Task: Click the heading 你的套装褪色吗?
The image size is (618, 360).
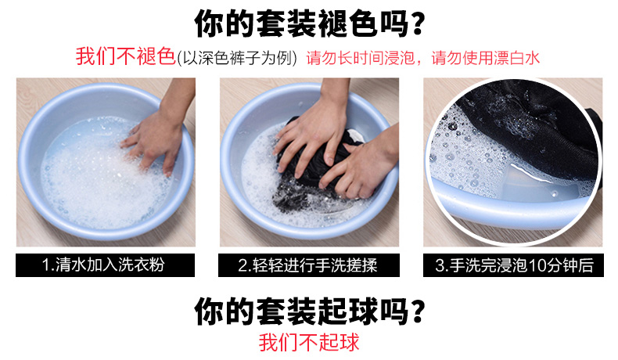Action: click(x=310, y=23)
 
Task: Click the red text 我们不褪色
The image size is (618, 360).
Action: click(x=125, y=56)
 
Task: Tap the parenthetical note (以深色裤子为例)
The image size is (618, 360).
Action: click(x=236, y=58)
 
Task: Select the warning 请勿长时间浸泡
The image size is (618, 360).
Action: click(x=360, y=58)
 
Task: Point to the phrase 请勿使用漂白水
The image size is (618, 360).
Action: click(x=485, y=58)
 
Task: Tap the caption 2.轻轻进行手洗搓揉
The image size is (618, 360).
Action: click(x=307, y=265)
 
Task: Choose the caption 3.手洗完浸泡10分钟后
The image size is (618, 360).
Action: click(x=514, y=265)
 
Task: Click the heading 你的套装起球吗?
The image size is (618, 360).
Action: click(x=310, y=311)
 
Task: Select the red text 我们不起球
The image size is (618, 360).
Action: click(x=309, y=342)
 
